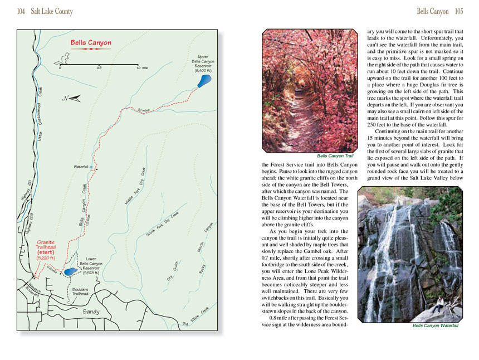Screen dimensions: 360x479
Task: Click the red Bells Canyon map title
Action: coord(91,42)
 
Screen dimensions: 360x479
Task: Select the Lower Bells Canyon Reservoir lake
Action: coord(70,271)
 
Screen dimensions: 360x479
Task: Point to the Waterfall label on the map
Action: coord(81,167)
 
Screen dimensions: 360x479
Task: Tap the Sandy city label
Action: coord(91,312)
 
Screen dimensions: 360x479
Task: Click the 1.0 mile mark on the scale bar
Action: coord(138,67)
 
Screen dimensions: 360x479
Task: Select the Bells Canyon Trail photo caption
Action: coord(335,156)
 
